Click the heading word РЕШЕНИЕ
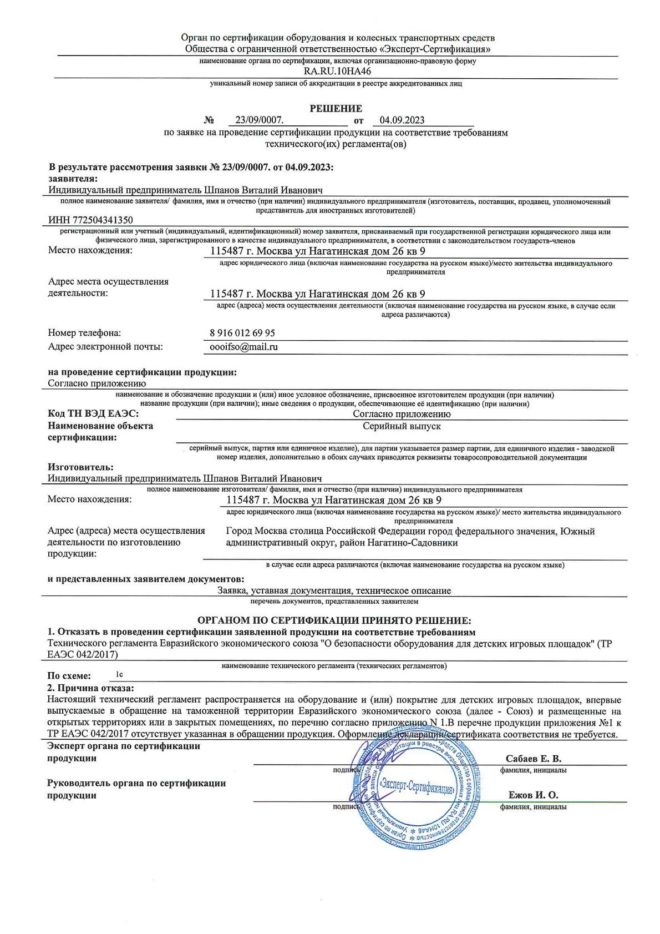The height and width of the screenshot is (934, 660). click(x=336, y=109)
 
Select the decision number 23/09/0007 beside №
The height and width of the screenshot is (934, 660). click(x=259, y=120)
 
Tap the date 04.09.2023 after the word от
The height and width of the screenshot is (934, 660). click(x=402, y=120)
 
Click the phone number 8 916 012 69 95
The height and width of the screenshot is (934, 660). click(x=242, y=333)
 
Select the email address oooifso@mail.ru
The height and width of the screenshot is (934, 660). click(x=241, y=347)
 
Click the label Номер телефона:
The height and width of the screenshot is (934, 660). click(x=84, y=333)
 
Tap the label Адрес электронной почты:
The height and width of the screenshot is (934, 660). click(x=105, y=347)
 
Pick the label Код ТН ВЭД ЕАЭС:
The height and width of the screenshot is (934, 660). click(x=93, y=414)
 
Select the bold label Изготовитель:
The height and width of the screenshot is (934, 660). click(x=80, y=467)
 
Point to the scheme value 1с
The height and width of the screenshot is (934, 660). click(x=119, y=675)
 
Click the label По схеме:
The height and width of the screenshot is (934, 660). click(x=69, y=676)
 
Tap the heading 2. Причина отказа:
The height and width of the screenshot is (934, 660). click(x=91, y=688)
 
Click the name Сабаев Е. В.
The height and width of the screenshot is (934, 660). click(x=533, y=759)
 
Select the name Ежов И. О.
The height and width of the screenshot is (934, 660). click(x=533, y=795)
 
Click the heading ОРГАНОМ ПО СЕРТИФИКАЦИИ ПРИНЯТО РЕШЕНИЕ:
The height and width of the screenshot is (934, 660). click(x=334, y=620)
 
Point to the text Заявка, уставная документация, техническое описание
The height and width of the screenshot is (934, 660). click(x=334, y=590)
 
